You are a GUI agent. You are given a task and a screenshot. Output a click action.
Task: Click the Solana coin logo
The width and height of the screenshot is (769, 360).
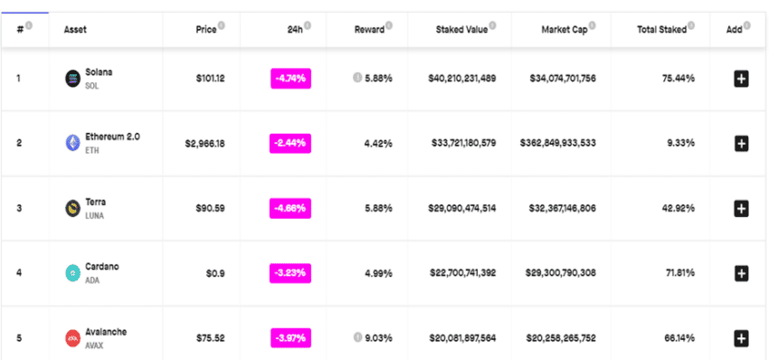click(x=72, y=79)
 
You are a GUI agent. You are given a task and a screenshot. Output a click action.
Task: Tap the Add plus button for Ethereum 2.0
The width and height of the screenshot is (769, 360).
click(x=741, y=143)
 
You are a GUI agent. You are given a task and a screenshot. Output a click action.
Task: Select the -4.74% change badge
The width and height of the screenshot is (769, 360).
click(x=290, y=79)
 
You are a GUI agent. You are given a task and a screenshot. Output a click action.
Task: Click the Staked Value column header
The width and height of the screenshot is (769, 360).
click(x=461, y=30)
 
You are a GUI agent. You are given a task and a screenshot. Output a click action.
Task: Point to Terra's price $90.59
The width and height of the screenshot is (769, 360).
click(x=211, y=208)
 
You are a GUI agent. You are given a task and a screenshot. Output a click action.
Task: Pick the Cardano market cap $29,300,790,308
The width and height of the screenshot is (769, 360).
click(x=561, y=272)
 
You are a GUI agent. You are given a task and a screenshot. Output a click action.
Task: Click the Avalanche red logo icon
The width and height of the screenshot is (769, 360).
click(x=72, y=338)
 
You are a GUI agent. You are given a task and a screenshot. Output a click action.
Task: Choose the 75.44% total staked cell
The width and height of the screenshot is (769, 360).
click(x=679, y=79)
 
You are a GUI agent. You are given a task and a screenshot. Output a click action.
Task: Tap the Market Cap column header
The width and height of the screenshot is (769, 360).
click(x=564, y=30)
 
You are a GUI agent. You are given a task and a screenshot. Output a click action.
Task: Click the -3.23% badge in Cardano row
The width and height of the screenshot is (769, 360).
click(x=290, y=272)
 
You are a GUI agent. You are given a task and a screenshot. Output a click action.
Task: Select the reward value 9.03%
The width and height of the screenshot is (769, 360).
click(x=378, y=338)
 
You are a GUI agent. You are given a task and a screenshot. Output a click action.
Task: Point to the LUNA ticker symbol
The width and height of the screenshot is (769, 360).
click(x=95, y=216)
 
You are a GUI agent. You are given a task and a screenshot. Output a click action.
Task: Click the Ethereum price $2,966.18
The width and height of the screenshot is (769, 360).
click(x=205, y=143)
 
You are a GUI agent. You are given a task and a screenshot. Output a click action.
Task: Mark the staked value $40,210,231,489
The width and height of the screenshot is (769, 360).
click(x=462, y=79)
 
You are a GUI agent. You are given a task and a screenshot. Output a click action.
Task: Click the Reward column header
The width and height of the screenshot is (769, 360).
click(x=369, y=30)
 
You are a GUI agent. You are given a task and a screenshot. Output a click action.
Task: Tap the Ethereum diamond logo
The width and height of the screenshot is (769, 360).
click(x=72, y=143)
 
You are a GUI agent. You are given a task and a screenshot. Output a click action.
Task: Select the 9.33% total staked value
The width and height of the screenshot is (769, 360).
click(x=681, y=143)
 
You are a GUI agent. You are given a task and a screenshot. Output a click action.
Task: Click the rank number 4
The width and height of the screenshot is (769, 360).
click(x=19, y=272)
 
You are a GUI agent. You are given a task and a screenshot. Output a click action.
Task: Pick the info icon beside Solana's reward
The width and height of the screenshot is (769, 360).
click(x=357, y=78)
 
